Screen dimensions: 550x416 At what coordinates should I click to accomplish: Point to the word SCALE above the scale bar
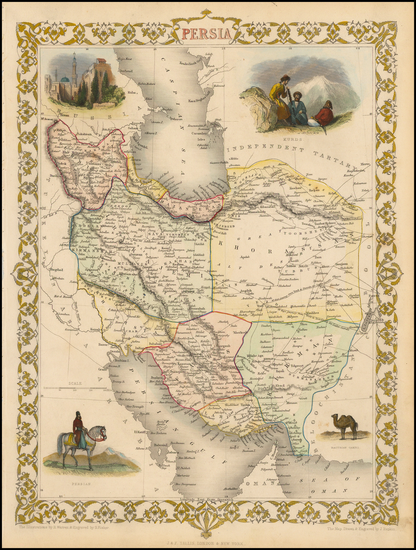[75, 383]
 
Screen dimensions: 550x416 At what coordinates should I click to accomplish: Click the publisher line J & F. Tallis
[208, 543]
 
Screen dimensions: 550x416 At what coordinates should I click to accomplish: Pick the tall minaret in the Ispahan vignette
[74, 69]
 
